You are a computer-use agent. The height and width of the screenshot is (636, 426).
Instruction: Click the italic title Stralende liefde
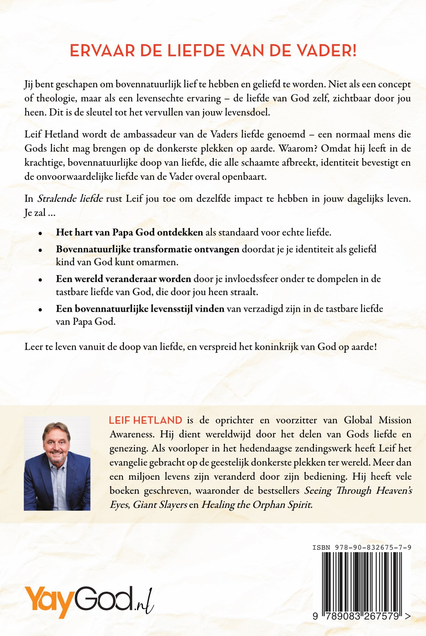pos(70,199)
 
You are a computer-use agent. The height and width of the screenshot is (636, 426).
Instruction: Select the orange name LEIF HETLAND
pos(145,420)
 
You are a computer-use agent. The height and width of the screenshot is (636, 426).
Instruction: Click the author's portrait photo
pos(57,463)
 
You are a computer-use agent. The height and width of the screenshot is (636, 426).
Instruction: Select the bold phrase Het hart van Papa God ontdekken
pos(129,232)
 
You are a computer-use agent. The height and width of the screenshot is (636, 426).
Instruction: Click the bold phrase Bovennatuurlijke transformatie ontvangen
pos(148,249)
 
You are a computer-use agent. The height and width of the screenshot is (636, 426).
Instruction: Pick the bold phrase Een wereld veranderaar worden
pos(123,279)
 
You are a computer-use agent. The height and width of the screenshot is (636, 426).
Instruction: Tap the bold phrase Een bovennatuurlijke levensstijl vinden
pos(140,309)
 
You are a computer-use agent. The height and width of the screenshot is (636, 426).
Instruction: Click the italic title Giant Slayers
pos(160,505)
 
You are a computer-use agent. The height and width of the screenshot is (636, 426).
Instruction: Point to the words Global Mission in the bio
pos(377,420)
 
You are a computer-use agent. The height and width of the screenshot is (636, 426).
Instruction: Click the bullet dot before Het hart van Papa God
pos(40,233)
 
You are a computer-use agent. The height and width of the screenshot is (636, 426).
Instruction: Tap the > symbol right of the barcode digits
pos(408,616)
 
